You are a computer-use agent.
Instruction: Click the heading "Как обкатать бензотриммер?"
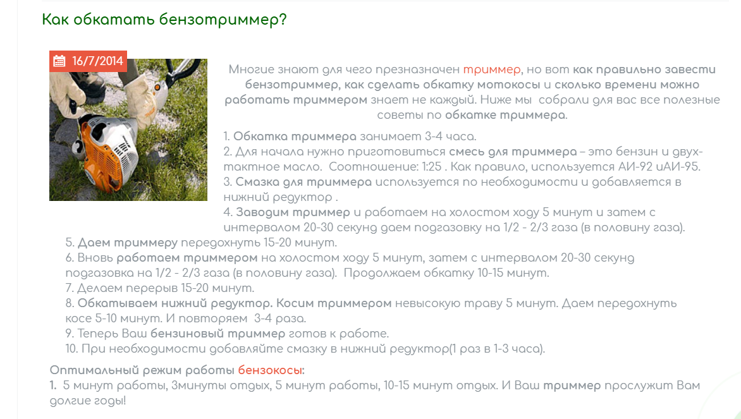pyautogui.click(x=164, y=20)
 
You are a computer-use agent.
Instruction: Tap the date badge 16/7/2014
pyautogui.click(x=88, y=61)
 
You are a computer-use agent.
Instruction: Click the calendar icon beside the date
pyautogui.click(x=59, y=61)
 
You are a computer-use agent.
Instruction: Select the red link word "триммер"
pyautogui.click(x=491, y=70)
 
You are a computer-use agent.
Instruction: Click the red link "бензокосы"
pyautogui.click(x=270, y=370)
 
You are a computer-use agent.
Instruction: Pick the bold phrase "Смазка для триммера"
pyautogui.click(x=303, y=182)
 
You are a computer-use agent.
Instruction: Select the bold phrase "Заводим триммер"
pyautogui.click(x=293, y=212)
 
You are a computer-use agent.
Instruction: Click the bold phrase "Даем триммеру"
pyautogui.click(x=128, y=243)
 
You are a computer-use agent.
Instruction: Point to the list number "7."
pyautogui.click(x=70, y=288)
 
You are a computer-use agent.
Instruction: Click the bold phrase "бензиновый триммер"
pyautogui.click(x=218, y=334)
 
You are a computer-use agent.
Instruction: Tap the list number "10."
pyautogui.click(x=71, y=349)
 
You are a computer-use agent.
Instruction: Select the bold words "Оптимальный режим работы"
pyautogui.click(x=142, y=370)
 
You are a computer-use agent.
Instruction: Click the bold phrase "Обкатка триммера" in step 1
pyautogui.click(x=295, y=137)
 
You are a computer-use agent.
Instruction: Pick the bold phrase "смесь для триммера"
pyautogui.click(x=513, y=152)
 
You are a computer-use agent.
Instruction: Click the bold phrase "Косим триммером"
pyautogui.click(x=334, y=303)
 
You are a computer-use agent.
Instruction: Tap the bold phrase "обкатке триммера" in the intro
pyautogui.click(x=505, y=115)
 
